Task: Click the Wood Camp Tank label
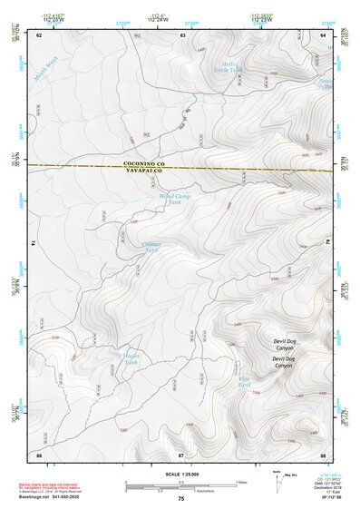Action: coord(172,199)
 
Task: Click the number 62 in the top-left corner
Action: coord(39,34)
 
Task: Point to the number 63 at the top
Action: coord(182,34)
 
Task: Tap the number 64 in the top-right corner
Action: coord(323,34)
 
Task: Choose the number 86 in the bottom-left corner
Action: coord(39,453)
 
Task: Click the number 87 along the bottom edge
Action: coord(181,453)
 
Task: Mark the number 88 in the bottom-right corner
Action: coord(323,453)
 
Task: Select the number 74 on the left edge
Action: coord(33,243)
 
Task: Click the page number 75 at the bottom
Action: coord(181,498)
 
